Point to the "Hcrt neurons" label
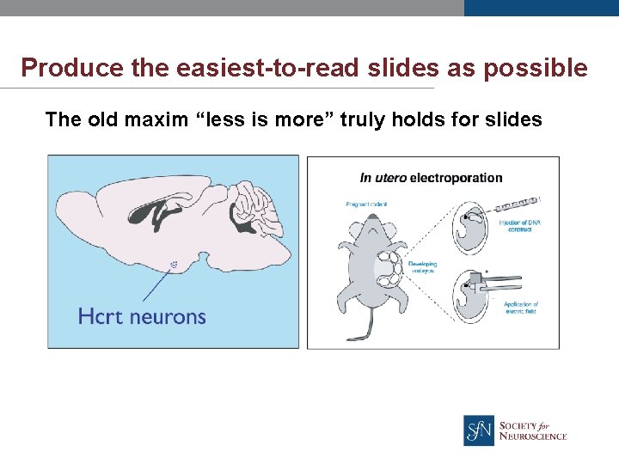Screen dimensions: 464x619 [142, 316]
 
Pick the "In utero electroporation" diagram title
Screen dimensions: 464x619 [431, 178]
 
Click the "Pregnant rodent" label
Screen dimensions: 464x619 [366, 204]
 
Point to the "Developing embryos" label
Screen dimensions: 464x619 [423, 267]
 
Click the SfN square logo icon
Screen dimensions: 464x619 [479, 430]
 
